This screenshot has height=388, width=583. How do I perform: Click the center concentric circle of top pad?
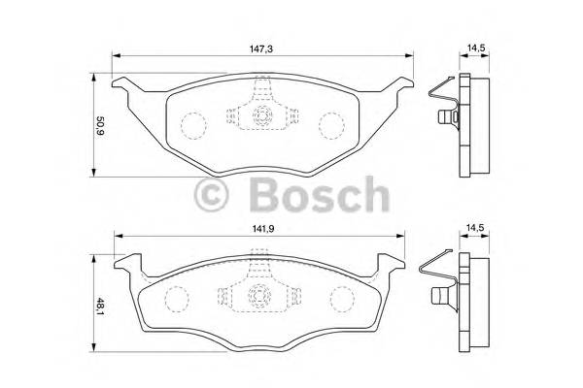click(261, 117)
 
